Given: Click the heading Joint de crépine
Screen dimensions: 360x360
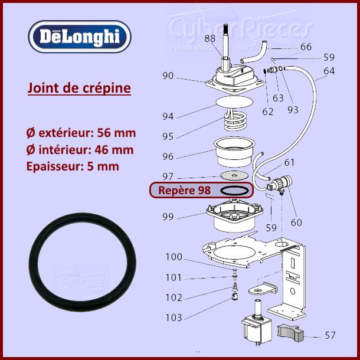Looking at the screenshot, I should point(79,89).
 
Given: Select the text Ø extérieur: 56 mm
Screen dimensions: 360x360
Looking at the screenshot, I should point(80,132).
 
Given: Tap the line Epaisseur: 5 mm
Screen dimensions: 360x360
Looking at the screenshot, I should point(73,166).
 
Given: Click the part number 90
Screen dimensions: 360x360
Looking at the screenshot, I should point(168,76).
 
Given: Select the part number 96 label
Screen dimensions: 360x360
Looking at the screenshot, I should point(168,156).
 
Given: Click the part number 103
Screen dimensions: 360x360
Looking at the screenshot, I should point(174,318).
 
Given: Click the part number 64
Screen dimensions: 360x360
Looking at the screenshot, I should point(329,71).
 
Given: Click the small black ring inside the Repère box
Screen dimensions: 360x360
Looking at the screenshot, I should point(234,190).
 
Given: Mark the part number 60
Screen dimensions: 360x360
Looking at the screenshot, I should point(296,222).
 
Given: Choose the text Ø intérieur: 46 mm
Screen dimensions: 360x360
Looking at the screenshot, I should point(80,149).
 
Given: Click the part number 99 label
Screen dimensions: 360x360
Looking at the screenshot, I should point(168,217).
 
